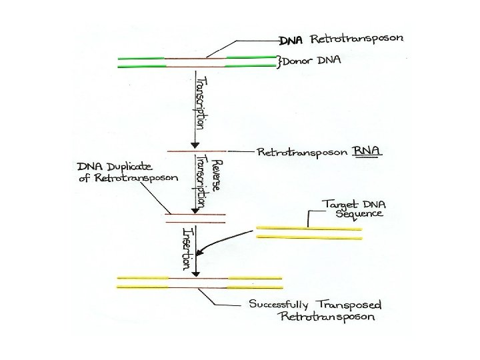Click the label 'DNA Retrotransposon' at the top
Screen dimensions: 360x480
point(341,39)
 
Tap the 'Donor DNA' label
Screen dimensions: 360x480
point(312,61)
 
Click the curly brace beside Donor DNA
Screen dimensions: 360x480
point(279,63)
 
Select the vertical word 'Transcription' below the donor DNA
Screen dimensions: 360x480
point(200,103)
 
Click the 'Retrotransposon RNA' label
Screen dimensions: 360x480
point(319,152)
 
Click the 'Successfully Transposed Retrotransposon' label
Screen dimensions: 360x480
point(315,310)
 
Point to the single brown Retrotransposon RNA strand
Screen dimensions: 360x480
point(197,151)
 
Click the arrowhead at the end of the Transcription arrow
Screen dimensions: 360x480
point(194,145)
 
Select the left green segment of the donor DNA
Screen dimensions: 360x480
point(141,63)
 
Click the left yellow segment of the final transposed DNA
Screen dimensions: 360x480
point(143,282)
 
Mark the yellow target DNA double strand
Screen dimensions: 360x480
point(309,232)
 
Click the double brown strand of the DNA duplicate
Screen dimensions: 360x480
point(195,217)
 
